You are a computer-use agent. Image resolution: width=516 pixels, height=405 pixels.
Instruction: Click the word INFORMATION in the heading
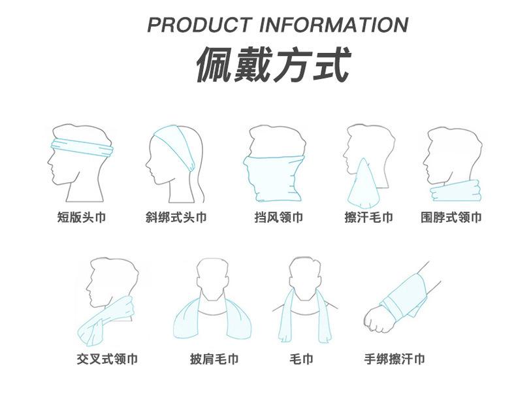click(x=334, y=25)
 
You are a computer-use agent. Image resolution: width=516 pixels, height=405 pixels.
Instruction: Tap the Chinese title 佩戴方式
click(x=272, y=64)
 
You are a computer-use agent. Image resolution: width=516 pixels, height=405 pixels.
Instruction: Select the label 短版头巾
click(x=81, y=217)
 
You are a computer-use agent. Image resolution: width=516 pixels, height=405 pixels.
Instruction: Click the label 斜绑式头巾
click(x=176, y=217)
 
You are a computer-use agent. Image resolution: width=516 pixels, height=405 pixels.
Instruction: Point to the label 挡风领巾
click(x=279, y=217)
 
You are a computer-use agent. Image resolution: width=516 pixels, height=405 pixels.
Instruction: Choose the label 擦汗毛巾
click(x=369, y=217)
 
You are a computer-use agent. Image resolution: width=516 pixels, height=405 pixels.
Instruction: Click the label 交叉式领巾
click(x=107, y=359)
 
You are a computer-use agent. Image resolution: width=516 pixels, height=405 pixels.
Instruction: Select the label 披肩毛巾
click(x=214, y=359)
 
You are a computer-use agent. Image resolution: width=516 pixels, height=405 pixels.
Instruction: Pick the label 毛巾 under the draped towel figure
click(x=301, y=359)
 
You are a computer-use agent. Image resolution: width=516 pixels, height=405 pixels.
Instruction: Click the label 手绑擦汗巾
click(x=395, y=359)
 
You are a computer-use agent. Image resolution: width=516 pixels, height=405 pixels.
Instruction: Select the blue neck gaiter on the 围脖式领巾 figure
click(x=455, y=190)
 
